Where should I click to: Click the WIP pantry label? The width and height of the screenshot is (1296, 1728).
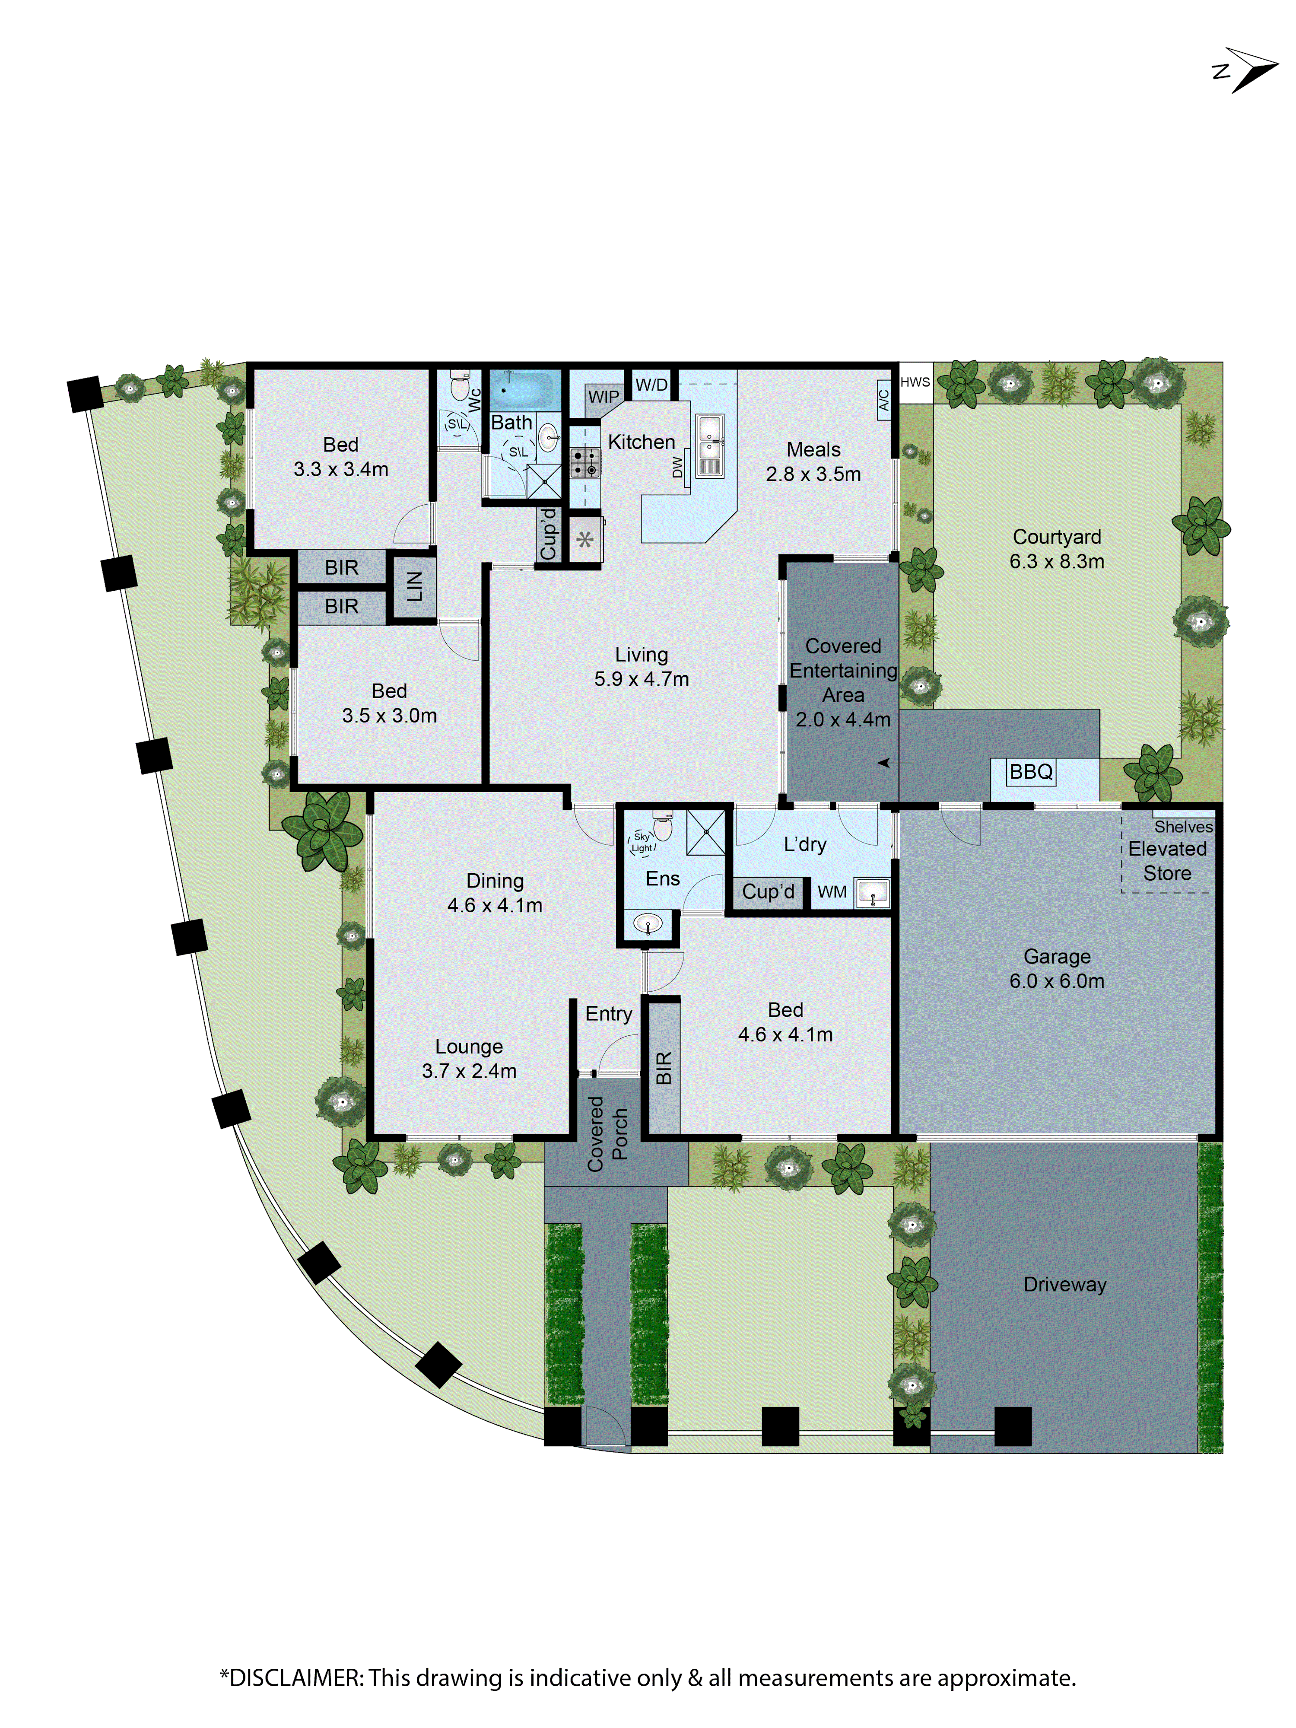click(x=603, y=397)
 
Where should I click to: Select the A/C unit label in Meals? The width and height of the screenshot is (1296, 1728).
click(x=883, y=401)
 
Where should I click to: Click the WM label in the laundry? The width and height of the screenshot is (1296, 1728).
click(x=832, y=892)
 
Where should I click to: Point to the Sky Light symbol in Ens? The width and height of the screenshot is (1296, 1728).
click(x=642, y=842)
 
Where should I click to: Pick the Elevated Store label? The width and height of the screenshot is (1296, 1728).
click(x=1167, y=861)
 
